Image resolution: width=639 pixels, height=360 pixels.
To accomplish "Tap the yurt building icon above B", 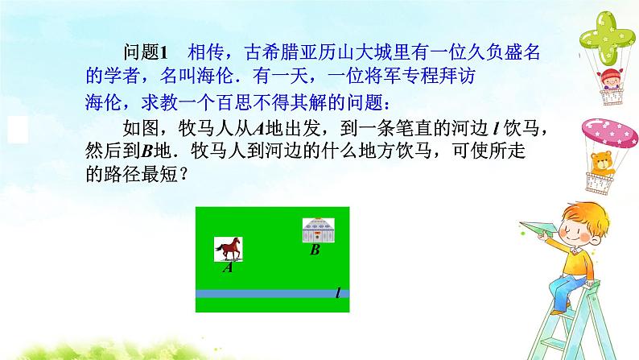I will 318,231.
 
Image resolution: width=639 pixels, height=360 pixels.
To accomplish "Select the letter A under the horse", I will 228,268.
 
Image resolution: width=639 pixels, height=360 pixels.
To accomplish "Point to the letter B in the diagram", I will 315,250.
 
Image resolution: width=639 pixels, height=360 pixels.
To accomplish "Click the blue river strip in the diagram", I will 266,294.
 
